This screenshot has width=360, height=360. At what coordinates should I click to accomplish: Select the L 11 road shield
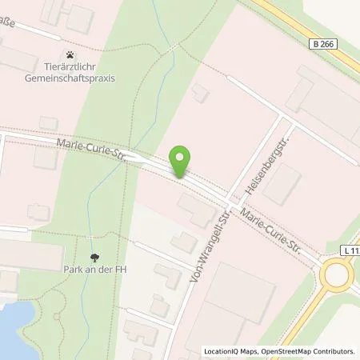(350, 250)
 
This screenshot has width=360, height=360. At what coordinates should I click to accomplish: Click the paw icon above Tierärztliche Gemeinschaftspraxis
(72, 55)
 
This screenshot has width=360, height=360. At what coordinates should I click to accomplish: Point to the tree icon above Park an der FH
(96, 257)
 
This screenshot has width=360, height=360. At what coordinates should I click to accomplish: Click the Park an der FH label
(96, 270)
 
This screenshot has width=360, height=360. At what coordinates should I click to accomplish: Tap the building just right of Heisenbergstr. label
(279, 185)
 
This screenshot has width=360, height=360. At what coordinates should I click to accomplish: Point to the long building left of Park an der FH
(32, 257)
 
